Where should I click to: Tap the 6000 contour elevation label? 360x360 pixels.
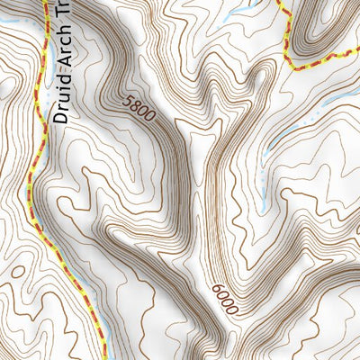[x=225, y=300]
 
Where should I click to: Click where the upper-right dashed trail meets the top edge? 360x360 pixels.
[x=277, y=2]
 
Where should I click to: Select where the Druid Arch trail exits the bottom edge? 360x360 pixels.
[x=102, y=358]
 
